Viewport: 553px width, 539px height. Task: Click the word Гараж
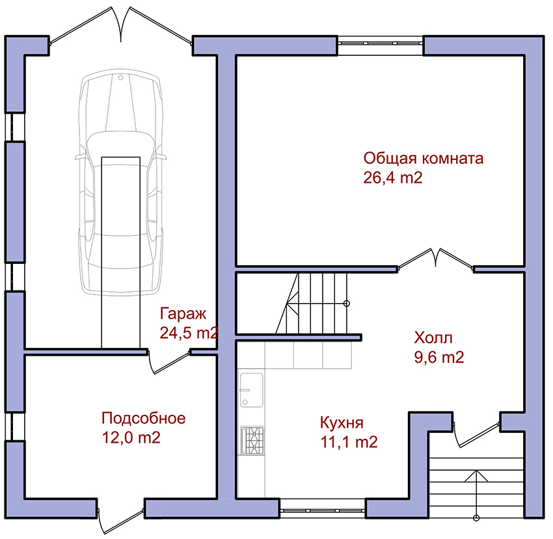[x=183, y=314]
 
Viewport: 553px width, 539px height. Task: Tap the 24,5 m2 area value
[x=189, y=333]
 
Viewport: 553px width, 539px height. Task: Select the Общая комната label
[x=424, y=159]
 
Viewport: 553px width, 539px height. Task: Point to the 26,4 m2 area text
[x=392, y=177]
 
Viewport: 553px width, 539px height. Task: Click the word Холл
[x=433, y=337]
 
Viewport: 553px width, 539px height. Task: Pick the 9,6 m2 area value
[x=438, y=358]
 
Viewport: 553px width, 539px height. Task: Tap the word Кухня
[x=342, y=423]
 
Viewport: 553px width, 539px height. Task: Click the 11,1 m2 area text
[x=349, y=442]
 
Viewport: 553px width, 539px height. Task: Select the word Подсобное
[x=144, y=419]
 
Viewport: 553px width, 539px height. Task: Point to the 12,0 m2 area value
[x=131, y=438]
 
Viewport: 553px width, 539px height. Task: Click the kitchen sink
[x=252, y=390]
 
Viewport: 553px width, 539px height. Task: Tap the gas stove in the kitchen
[x=252, y=441]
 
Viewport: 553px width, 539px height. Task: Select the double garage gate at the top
[x=121, y=27]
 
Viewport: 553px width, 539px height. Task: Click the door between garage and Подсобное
[x=169, y=362]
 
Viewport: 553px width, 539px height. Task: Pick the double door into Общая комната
[x=435, y=259]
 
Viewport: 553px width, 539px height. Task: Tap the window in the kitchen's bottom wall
[x=323, y=510]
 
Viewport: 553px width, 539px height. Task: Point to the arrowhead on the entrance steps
[x=476, y=476]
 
